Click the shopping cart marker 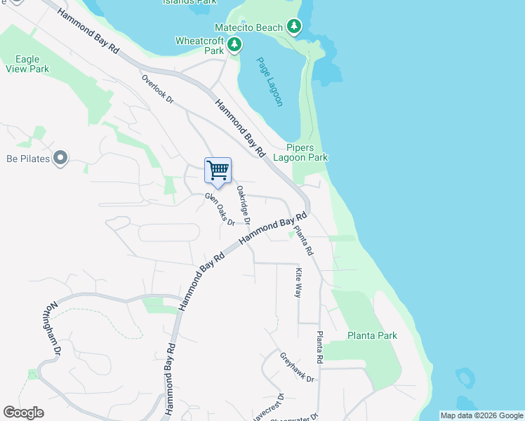[218, 171]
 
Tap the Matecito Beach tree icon [295, 27]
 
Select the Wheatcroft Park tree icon [234, 46]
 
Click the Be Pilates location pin [60, 159]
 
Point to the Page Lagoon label [270, 81]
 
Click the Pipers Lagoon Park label [307, 152]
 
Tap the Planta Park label [372, 335]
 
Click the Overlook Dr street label [157, 88]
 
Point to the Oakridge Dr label [244, 204]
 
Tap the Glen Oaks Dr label [220, 209]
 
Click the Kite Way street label [299, 282]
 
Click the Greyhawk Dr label [298, 367]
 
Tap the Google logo [23, 413]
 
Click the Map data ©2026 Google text [481, 415]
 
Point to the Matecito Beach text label [253, 27]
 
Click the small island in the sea [464, 378]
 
